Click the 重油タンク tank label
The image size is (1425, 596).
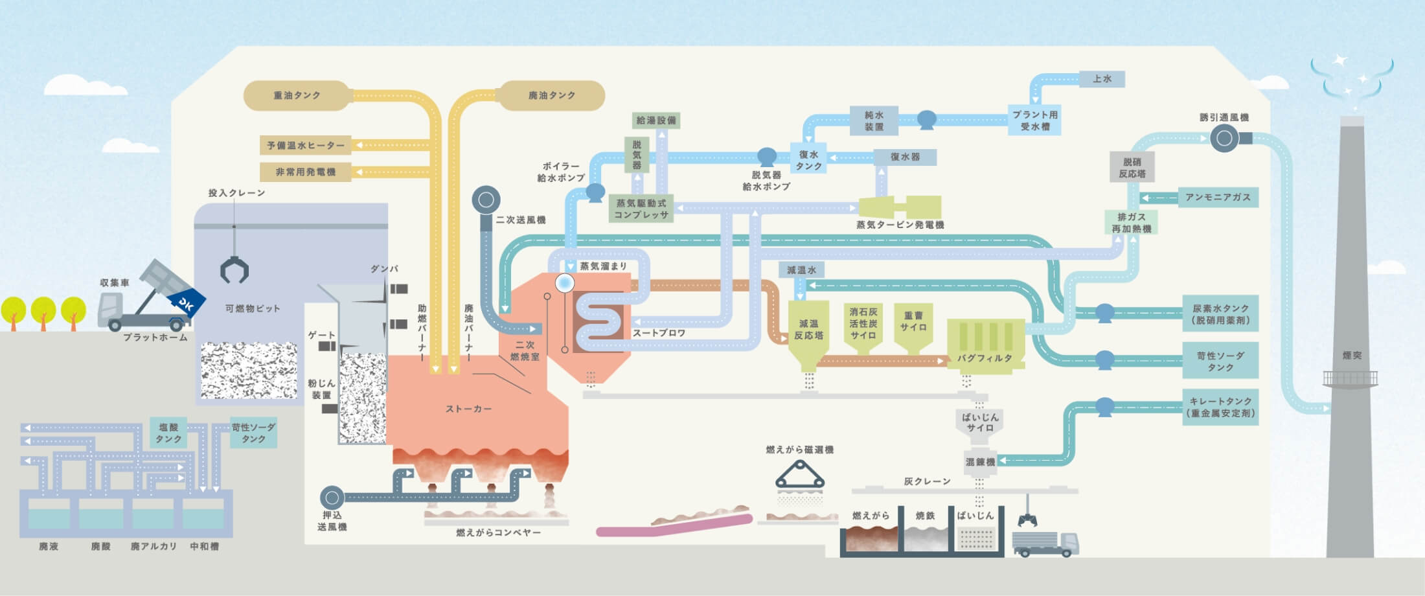pyautogui.click(x=297, y=95)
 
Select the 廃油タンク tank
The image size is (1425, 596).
pyautogui.click(x=551, y=95)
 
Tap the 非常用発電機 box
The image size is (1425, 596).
pyautogui.click(x=305, y=172)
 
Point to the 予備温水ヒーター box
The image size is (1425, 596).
pyautogui.click(x=305, y=145)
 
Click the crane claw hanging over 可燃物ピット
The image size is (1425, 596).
pyautogui.click(x=234, y=269)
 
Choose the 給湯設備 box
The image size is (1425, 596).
pyautogui.click(x=656, y=120)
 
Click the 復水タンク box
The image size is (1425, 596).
pyautogui.click(x=808, y=160)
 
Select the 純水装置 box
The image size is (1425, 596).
pyautogui.click(x=874, y=120)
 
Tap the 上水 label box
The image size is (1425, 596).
pyautogui.click(x=1102, y=79)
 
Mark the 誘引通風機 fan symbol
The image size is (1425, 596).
pyautogui.click(x=1224, y=138)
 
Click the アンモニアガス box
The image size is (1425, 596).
pyautogui.click(x=1218, y=197)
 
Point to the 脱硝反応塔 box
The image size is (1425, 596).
pyautogui.click(x=1132, y=168)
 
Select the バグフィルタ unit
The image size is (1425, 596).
pyautogui.click(x=985, y=343)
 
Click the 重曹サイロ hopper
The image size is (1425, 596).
pyautogui.click(x=913, y=327)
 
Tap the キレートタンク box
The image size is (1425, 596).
pyautogui.click(x=1221, y=407)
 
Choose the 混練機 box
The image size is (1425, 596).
pyautogui.click(x=979, y=461)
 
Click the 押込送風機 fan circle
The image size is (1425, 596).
pyautogui.click(x=332, y=498)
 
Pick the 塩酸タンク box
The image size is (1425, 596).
pyautogui.click(x=168, y=433)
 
